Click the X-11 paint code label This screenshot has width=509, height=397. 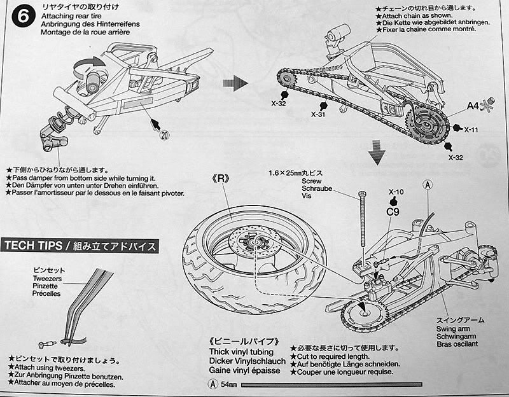pyautogui.click(x=471, y=130)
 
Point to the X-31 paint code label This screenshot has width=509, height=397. pyautogui.click(x=319, y=115)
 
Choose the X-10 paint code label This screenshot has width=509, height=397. pyautogui.click(x=396, y=191)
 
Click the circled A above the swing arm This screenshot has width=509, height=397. pyautogui.click(x=427, y=184)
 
